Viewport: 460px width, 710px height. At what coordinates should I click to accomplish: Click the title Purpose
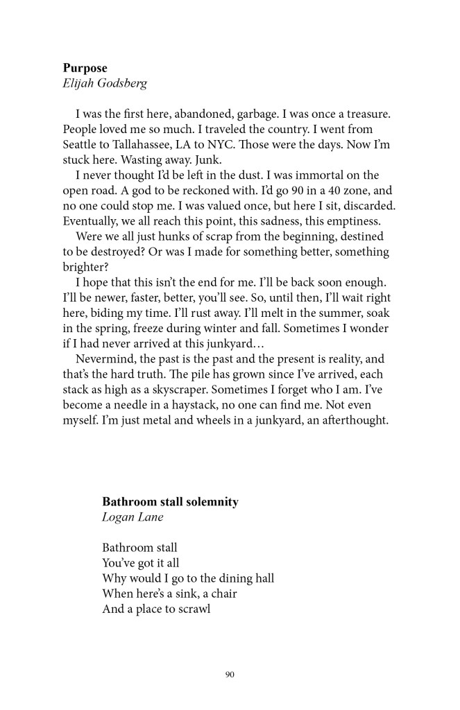[x=85, y=68]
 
